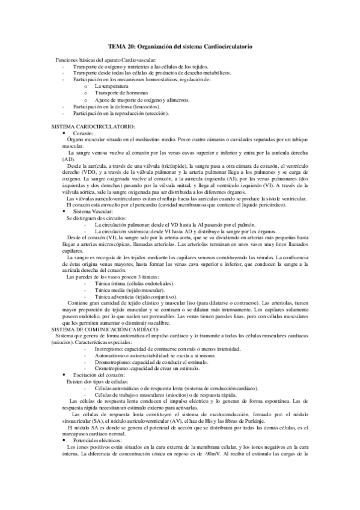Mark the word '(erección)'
(x=157, y=112)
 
